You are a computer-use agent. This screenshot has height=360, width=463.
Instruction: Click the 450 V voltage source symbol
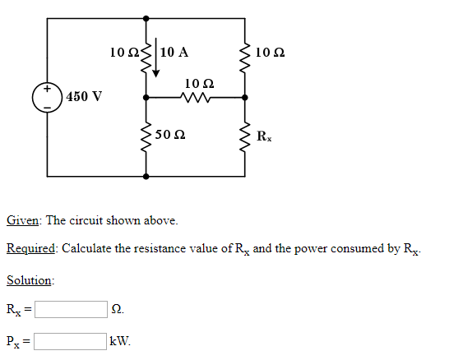click(47, 97)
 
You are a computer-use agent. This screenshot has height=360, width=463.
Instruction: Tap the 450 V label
click(85, 97)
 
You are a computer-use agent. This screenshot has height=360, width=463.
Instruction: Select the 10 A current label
click(174, 53)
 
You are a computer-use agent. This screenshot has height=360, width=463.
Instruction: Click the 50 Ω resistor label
click(169, 134)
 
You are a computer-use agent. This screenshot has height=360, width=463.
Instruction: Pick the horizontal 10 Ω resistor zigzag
click(196, 98)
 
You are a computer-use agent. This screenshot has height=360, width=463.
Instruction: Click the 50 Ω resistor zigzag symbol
click(146, 136)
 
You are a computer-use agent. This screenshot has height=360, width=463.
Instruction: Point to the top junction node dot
click(146, 17)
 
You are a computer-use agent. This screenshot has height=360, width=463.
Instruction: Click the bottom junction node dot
click(146, 176)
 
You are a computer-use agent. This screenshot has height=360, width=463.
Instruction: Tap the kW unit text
click(120, 340)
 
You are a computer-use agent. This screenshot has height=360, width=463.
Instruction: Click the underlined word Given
click(23, 220)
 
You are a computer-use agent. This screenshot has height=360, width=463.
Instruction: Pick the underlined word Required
click(30, 248)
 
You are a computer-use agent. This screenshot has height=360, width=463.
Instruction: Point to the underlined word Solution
click(30, 280)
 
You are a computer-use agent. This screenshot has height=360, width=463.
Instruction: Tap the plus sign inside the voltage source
click(47, 89)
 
